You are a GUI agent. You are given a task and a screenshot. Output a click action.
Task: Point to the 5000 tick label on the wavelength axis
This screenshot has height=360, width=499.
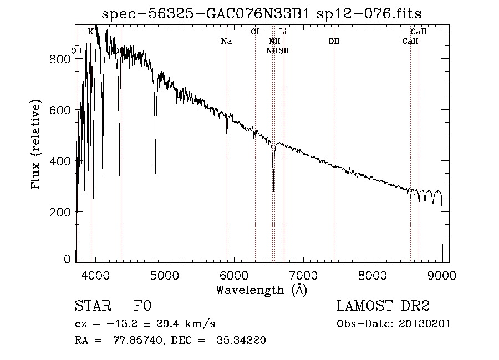165,275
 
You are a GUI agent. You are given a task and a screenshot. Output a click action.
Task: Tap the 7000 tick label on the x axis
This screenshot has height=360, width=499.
303,275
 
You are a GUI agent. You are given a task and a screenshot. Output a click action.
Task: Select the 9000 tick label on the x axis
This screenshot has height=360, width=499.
442,275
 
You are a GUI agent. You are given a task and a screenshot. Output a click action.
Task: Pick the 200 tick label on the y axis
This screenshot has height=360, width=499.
60,212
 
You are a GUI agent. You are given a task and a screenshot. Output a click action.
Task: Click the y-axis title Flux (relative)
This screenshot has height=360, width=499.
37,145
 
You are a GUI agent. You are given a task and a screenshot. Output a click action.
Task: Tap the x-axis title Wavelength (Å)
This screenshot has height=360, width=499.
261,290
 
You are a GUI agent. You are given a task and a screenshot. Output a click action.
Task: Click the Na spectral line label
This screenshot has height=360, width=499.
226,42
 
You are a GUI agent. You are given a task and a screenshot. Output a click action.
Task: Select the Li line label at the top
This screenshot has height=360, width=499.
283,32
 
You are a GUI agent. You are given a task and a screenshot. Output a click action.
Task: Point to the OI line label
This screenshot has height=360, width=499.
255,32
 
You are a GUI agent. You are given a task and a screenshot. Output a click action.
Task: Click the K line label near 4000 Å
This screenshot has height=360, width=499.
91,32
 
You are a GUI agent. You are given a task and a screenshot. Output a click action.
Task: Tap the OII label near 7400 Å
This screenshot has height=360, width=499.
334,42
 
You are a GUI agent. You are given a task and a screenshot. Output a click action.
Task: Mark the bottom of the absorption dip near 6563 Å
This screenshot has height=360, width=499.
273,190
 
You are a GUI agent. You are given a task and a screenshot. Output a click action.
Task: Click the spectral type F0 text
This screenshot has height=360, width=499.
142,306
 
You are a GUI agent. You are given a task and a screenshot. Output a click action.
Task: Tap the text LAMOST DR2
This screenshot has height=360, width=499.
383,306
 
